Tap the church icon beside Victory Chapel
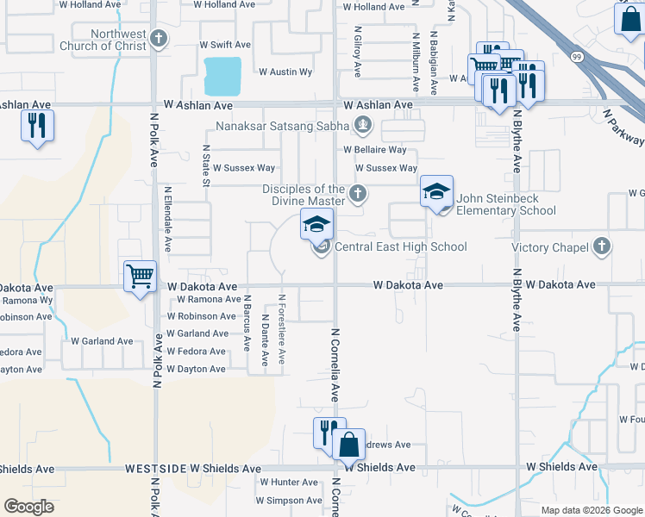pos(603,247)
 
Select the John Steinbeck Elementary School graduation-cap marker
pos(436,191)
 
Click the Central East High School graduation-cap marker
pos(316,225)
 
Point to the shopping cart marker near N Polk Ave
pos(140,277)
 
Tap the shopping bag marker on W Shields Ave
pos(348,445)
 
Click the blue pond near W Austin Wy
pos(222,76)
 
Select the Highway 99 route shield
pos(575,56)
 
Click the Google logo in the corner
pos(28,507)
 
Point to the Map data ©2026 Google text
pos(592,510)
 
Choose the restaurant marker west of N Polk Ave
pos(38,126)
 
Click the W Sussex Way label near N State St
pos(244,168)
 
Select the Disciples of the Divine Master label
pos(304,195)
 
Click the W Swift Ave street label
pos(225,44)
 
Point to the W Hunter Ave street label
pos(289,483)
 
